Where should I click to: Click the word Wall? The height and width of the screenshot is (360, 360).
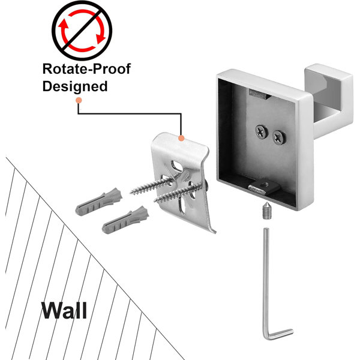[x=64, y=310]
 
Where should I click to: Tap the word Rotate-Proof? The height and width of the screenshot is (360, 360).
[x=86, y=68]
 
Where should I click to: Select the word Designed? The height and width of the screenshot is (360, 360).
[x=75, y=86]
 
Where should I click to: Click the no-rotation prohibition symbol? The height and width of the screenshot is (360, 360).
[x=82, y=31]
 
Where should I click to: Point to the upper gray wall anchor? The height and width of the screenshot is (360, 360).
[x=99, y=202]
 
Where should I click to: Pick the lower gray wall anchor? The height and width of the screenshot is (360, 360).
[x=125, y=220]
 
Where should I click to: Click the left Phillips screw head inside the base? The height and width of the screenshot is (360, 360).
[x=262, y=132]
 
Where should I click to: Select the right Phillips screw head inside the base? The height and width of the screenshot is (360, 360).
[x=280, y=137]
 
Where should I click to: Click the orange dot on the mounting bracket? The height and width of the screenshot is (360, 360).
[x=181, y=138]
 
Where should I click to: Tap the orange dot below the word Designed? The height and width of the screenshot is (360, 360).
[x=79, y=100]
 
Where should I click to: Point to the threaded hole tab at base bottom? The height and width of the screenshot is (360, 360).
[x=264, y=186]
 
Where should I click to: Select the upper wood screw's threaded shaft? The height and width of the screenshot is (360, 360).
[x=152, y=185]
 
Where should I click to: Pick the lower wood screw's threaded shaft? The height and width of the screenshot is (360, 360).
[x=177, y=193]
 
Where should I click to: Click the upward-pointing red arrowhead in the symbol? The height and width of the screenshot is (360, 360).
[x=63, y=25]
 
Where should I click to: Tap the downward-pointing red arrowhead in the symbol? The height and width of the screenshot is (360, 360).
[x=100, y=38]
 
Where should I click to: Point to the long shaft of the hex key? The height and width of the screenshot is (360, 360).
[x=266, y=280]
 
